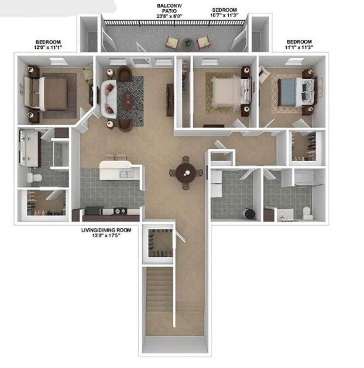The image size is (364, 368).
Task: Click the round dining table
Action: click(x=186, y=172)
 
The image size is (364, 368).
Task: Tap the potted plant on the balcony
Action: click(x=188, y=42)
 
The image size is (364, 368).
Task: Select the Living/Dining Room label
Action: click(x=106, y=229)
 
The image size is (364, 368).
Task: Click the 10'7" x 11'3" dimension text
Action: click(x=224, y=16)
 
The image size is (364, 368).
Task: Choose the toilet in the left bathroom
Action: click(x=34, y=177)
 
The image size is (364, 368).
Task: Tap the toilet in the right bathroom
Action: click(x=307, y=212)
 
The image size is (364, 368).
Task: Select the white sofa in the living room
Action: click(x=108, y=99)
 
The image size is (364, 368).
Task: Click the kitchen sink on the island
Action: click(x=126, y=174)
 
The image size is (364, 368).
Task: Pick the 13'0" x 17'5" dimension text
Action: click(x=106, y=235)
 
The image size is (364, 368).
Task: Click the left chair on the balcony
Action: click(x=172, y=43)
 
